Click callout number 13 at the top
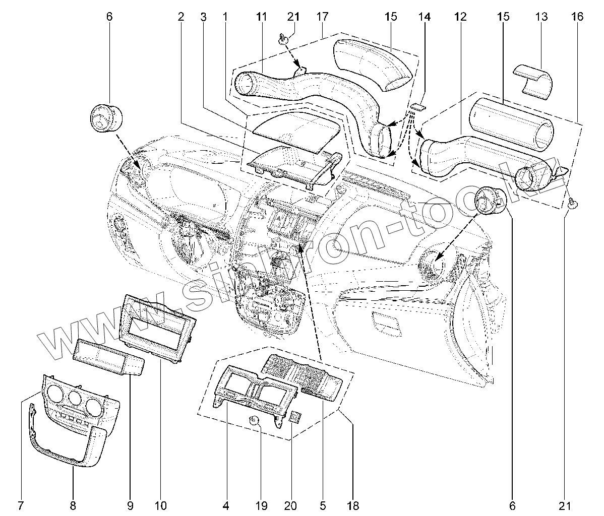540,17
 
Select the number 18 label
352,505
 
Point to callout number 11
260,17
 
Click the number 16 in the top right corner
577,17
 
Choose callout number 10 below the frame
161,505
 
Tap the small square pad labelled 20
296,417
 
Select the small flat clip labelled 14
417,106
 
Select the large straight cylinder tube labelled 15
509,123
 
